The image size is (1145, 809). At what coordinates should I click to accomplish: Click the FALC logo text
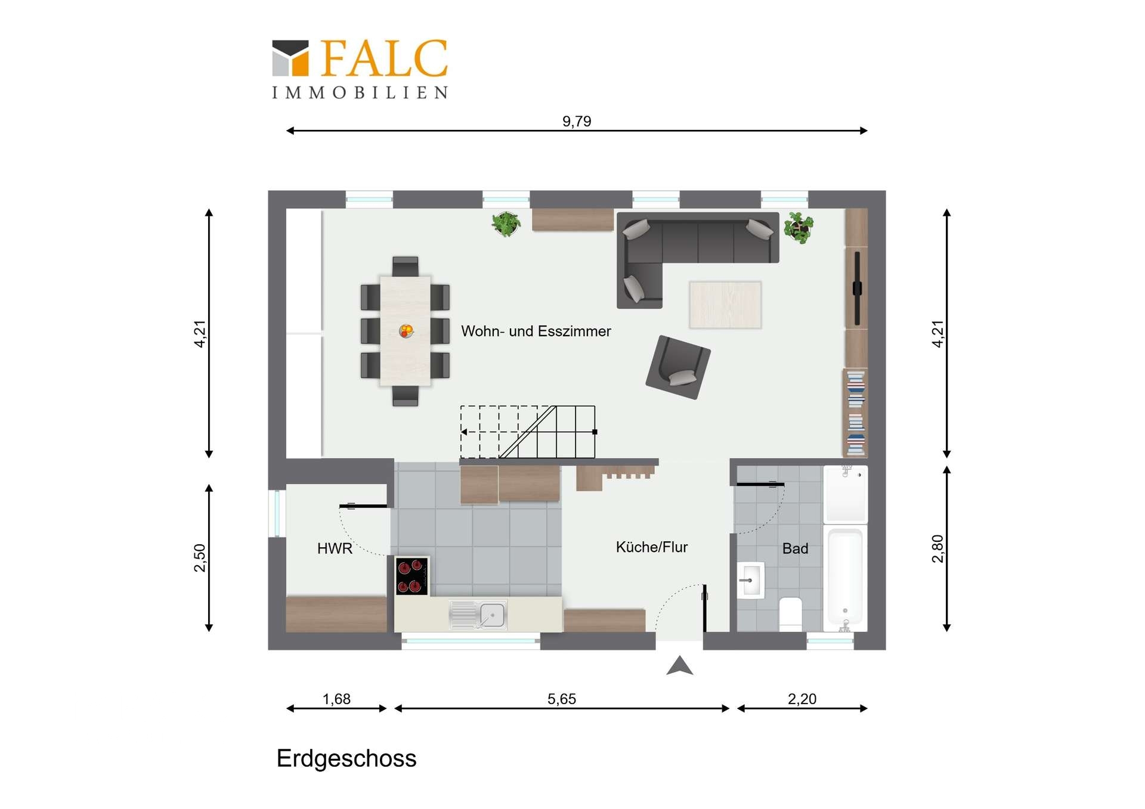point(384,58)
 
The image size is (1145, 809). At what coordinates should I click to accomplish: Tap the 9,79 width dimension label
point(577,122)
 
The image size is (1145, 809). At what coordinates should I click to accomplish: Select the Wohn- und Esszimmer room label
point(536,331)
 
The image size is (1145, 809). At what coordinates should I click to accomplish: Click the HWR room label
point(335,548)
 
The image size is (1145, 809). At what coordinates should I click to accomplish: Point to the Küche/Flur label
point(652,547)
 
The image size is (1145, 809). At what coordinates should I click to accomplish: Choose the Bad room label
point(795,548)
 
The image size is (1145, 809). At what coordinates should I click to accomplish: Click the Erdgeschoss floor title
point(346,759)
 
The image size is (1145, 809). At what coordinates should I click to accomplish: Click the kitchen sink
point(478,615)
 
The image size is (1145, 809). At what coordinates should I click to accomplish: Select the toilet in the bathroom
point(791,613)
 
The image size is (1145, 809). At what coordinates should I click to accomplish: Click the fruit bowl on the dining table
point(406,330)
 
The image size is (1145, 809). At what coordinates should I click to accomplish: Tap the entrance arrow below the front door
point(679,665)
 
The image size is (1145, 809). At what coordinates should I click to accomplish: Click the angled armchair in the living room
point(678,367)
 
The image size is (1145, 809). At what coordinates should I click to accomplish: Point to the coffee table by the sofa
point(725,305)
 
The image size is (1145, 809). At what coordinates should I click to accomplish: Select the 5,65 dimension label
point(562,699)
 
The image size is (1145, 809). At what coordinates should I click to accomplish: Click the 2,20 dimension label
point(802,699)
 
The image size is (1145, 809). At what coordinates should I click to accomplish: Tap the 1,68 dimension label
point(336,699)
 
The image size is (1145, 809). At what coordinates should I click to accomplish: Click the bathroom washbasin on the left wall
point(751,579)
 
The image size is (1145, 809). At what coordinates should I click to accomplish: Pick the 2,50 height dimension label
point(200,557)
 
